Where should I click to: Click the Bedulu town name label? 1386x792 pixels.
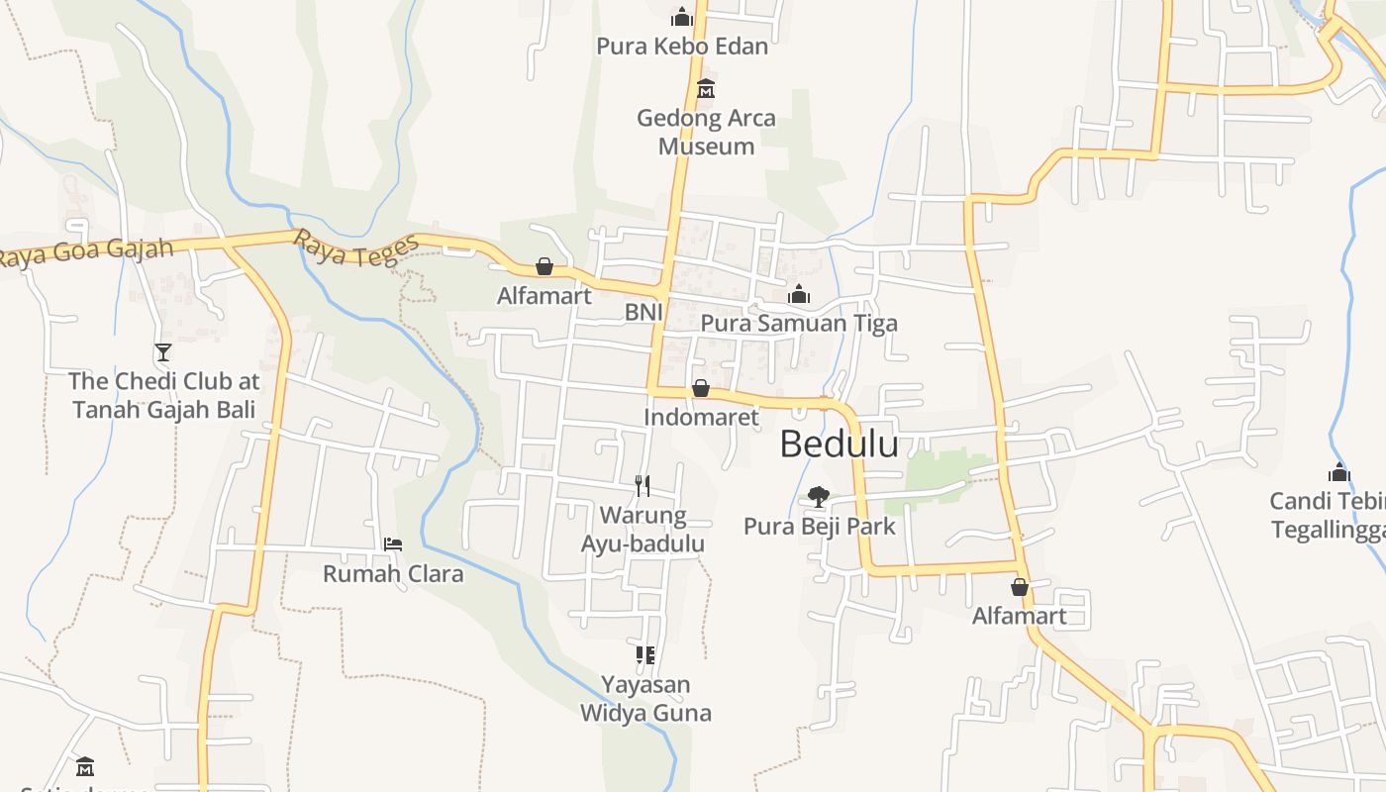[839, 445]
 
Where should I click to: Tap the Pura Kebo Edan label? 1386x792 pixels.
[682, 46]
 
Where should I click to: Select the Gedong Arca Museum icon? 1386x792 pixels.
[705, 89]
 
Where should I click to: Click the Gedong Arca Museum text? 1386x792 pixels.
[706, 132]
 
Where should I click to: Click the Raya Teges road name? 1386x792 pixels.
[355, 248]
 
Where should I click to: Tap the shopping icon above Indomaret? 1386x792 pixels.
[701, 388]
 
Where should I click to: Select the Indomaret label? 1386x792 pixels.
[701, 417]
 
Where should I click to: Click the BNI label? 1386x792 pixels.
[643, 313]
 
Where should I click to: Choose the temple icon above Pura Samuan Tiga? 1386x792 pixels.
[799, 294]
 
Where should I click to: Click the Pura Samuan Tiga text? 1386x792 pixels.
[799, 323]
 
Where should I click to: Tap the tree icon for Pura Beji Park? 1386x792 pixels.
[818, 497]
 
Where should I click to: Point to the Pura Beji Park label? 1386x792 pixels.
[819, 526]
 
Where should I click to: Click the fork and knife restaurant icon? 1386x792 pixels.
[643, 485]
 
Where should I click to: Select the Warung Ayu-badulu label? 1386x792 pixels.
[643, 530]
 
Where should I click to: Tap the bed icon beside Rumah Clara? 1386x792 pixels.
[393, 544]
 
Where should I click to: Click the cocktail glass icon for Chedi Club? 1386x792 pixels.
[163, 351]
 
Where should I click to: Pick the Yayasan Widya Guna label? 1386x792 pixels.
[645, 699]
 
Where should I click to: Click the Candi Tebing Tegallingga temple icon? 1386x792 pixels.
[1339, 473]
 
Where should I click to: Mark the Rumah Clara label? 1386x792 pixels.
[393, 573]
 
